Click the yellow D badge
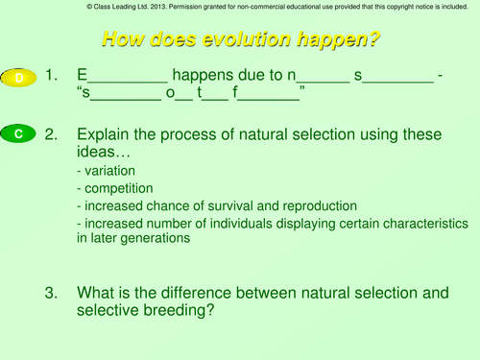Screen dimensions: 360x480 coord(19,77)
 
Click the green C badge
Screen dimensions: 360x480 coord(19,135)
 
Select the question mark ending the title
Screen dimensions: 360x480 coord(372,40)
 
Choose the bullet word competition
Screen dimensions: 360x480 coord(115,188)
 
